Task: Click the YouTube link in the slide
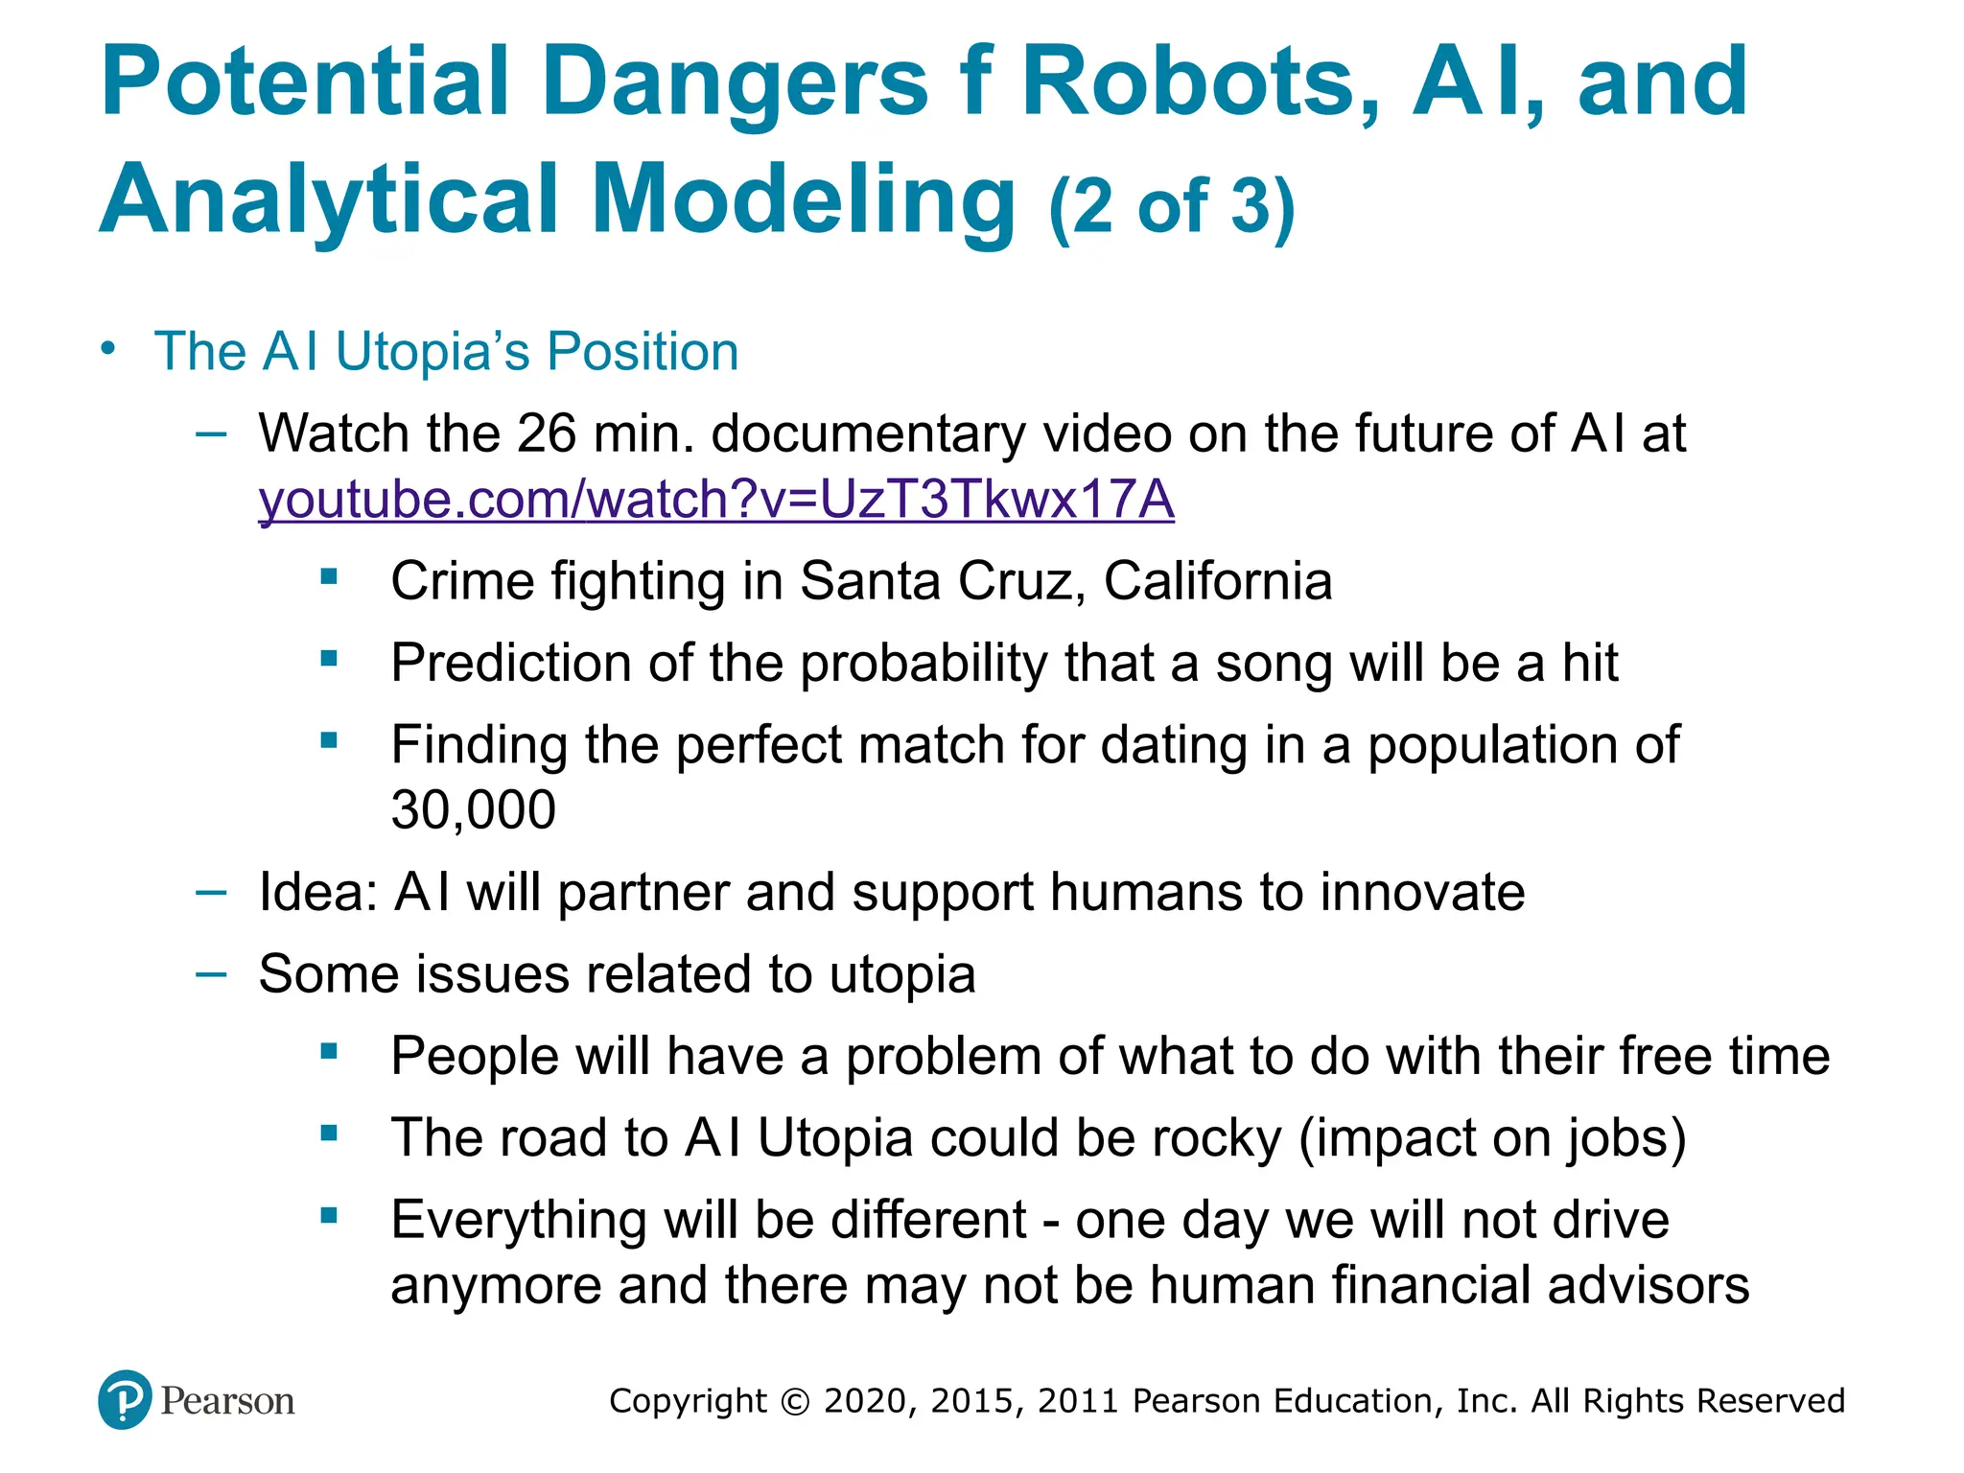[x=715, y=501]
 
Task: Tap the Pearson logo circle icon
[x=125, y=1400]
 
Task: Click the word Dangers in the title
[x=735, y=84]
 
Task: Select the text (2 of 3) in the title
[x=1172, y=205]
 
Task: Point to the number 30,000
[x=473, y=810]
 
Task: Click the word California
[x=1218, y=581]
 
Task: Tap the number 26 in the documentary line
[x=547, y=433]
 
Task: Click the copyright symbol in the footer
[x=795, y=1401]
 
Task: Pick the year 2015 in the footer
[x=971, y=1401]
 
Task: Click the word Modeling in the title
[x=804, y=199]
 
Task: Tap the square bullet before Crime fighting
[x=330, y=577]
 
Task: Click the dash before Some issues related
[x=211, y=974]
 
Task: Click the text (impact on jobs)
[x=1492, y=1139]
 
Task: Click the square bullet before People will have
[x=330, y=1052]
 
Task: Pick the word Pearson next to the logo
[x=227, y=1401]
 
